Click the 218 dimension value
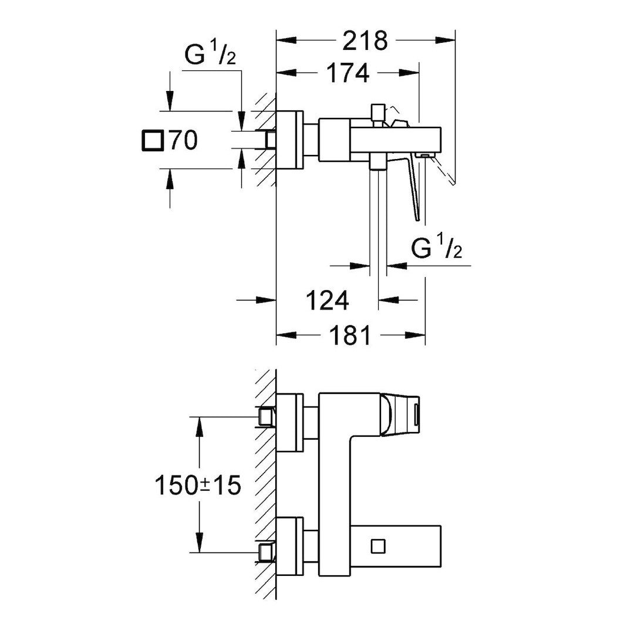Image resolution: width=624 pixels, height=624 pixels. tap(366, 41)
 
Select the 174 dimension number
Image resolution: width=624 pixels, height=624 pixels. tap(349, 73)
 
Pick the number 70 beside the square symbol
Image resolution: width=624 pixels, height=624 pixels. tap(183, 141)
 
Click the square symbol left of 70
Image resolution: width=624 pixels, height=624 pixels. tap(153, 141)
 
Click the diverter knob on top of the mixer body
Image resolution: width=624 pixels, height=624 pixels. tap(377, 112)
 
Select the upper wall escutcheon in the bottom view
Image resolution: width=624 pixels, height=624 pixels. tap(289, 423)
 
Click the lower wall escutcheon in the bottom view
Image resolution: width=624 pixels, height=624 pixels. tap(289, 546)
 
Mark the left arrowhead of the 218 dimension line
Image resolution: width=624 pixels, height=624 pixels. tap(282, 41)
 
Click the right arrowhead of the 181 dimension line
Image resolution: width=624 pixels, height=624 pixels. tap(419, 336)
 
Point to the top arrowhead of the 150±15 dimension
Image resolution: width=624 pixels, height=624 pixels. tap(201, 422)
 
